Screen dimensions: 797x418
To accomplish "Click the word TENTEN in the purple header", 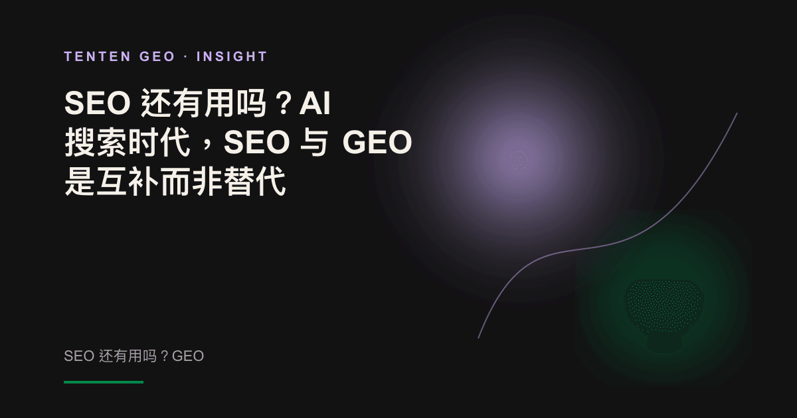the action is [x=97, y=56].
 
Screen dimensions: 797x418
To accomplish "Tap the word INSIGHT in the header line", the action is [x=232, y=56].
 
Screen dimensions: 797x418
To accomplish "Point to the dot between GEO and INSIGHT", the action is [x=186, y=56].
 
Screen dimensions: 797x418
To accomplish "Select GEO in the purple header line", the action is [x=157, y=56].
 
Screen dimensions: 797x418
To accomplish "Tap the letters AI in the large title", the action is [x=315, y=103].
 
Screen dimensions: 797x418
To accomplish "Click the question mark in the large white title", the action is [x=284, y=104].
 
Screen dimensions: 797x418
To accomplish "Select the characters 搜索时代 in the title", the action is [x=127, y=142].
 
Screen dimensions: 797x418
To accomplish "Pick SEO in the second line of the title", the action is [x=256, y=142].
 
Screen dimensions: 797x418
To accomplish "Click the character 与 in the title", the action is [x=313, y=142].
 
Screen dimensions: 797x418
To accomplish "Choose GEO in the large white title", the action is [x=377, y=142].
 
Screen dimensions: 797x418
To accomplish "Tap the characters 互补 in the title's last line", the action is [x=127, y=181].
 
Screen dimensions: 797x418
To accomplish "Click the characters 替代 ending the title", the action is [x=254, y=181].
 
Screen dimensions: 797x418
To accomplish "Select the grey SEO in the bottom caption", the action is [x=79, y=356].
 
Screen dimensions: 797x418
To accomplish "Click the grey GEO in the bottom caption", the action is [x=188, y=356].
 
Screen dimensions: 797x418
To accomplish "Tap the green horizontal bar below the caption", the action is [x=104, y=382].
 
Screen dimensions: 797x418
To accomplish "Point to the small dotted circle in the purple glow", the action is [x=519, y=160].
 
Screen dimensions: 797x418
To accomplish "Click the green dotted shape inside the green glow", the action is [x=664, y=306].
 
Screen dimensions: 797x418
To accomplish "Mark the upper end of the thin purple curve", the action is [x=737, y=113].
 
